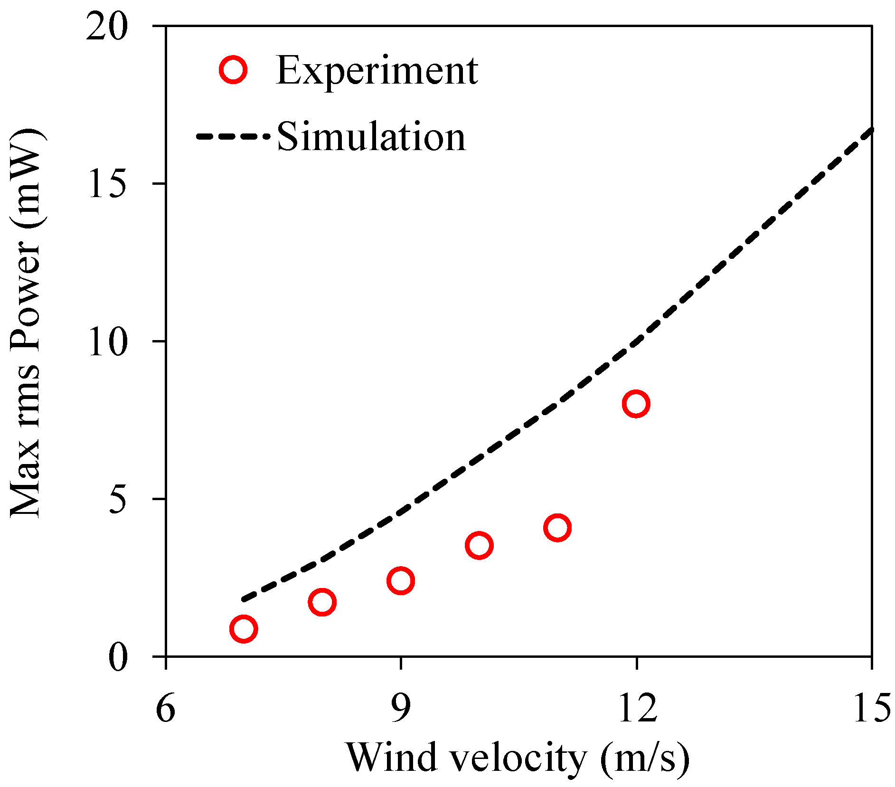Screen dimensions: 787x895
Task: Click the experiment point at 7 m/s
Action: (x=244, y=629)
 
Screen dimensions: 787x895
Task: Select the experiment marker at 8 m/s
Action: (x=322, y=602)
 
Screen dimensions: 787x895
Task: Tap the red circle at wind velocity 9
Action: (x=401, y=580)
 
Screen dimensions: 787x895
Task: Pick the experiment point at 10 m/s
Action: (x=479, y=545)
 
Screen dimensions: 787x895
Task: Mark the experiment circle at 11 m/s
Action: (x=557, y=527)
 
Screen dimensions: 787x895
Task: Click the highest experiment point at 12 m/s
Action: (x=636, y=404)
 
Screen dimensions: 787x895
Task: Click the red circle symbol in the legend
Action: (x=233, y=70)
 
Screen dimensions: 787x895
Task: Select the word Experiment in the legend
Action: (x=377, y=71)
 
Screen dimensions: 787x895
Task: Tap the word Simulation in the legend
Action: (x=371, y=137)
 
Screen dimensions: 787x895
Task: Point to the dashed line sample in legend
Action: (x=233, y=137)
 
